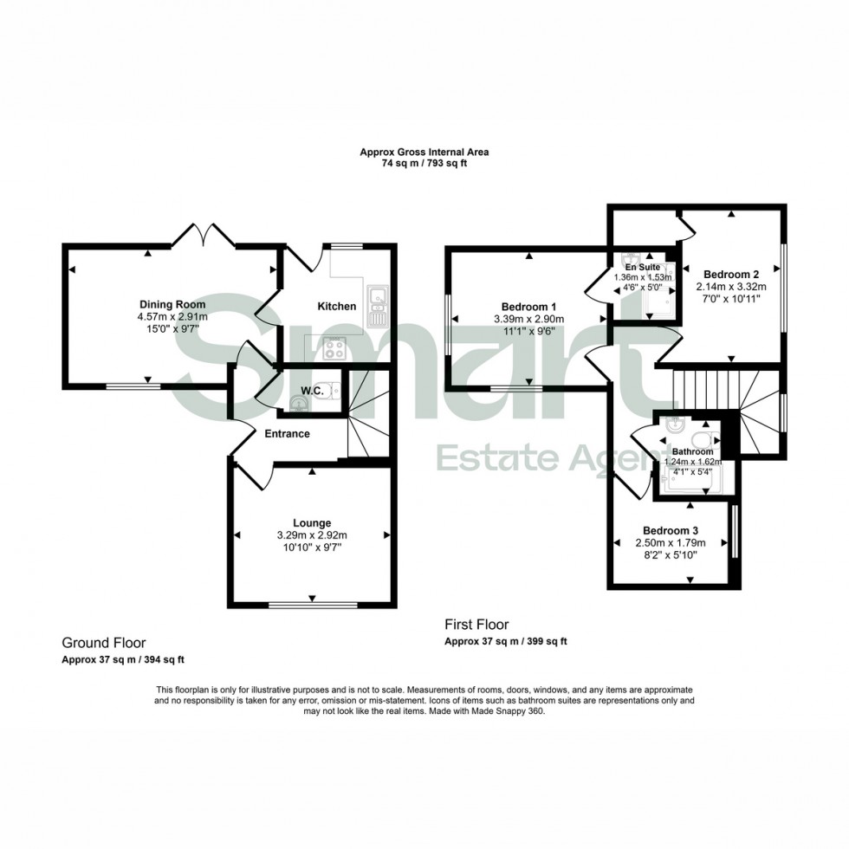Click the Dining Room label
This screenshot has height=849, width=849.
point(172,304)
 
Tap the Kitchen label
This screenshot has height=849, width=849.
point(337,306)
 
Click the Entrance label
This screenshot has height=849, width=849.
point(288,434)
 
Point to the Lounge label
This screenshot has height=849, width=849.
point(312,522)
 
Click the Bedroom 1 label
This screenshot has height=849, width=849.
point(528,307)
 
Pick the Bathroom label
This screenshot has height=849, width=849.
point(692,451)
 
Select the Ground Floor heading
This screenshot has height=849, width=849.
point(103,643)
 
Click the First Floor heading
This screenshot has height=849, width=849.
point(476,624)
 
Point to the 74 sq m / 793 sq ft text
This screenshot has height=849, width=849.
point(424,164)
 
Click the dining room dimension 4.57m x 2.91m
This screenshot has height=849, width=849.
point(172,317)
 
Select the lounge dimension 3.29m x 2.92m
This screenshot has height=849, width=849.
point(312,535)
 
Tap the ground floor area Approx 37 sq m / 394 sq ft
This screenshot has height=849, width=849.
point(122,659)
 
